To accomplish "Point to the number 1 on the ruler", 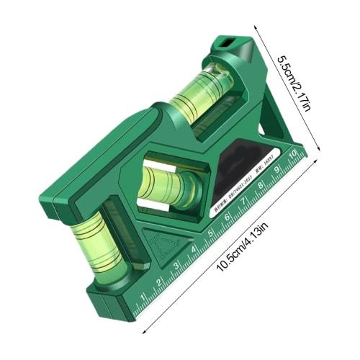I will pyautogui.click(x=143, y=296).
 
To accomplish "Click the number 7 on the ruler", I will pyautogui.click(x=244, y=201).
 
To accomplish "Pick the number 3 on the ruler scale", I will pyautogui.click(x=177, y=264).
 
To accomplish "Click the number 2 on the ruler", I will pyautogui.click(x=160, y=280).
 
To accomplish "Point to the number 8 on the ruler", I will pyautogui.click(x=261, y=186).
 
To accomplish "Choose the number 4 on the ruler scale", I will pyautogui.click(x=194, y=248).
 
